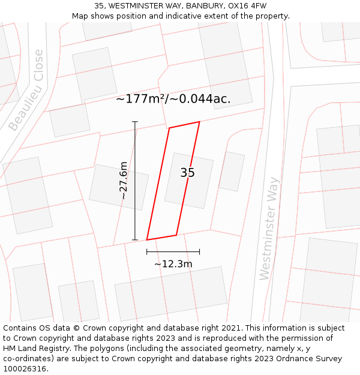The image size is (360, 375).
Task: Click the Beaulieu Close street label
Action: (x=27, y=90)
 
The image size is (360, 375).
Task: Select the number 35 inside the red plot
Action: (x=187, y=173)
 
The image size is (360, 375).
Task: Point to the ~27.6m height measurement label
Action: (x=123, y=181)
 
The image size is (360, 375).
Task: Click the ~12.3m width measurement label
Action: (x=173, y=264)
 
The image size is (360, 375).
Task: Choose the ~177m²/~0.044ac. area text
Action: (x=173, y=99)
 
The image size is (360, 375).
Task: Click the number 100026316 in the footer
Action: (x=24, y=369)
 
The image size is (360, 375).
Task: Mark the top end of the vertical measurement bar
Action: (x=134, y=122)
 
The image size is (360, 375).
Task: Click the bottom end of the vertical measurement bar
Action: (x=134, y=239)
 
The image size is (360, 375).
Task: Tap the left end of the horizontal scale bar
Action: (x=146, y=252)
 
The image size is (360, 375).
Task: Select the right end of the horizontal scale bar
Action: (x=199, y=252)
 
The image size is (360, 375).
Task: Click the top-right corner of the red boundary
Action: (x=199, y=122)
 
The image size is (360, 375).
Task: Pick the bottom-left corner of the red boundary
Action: (x=146, y=240)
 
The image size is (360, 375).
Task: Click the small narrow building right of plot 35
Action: (x=231, y=172)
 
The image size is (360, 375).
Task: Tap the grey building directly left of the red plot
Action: (x=119, y=187)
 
